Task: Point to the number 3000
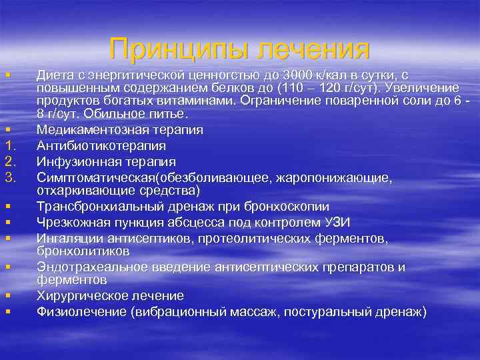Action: point(294,73)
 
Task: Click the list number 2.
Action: point(10,161)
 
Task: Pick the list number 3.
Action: point(10,177)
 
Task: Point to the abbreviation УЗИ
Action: point(337,223)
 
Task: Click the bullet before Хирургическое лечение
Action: point(7,295)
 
